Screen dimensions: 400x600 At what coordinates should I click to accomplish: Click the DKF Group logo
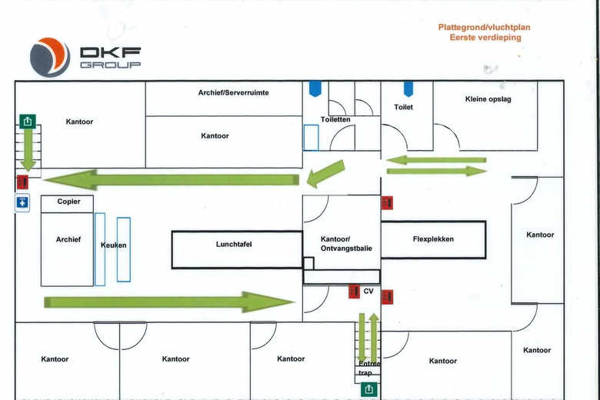pyautogui.click(x=85, y=58)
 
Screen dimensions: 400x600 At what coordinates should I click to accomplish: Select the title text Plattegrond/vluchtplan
pyautogui.click(x=484, y=27)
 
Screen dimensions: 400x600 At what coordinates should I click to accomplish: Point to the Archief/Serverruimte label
pyautogui.click(x=233, y=92)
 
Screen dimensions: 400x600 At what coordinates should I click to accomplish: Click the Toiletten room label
pyautogui.click(x=336, y=119)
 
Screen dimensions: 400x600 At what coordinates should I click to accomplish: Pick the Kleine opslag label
pyautogui.click(x=488, y=99)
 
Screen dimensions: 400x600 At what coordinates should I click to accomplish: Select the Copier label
pyautogui.click(x=68, y=202)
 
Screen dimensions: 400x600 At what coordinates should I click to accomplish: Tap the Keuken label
pyautogui.click(x=113, y=245)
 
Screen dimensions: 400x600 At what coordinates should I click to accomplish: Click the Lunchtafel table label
pyautogui.click(x=234, y=244)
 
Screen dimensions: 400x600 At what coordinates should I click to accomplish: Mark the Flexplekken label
pyautogui.click(x=433, y=239)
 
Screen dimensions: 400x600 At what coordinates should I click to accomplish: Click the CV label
pyautogui.click(x=368, y=292)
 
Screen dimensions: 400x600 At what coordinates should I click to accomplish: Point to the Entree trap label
pyautogui.click(x=370, y=368)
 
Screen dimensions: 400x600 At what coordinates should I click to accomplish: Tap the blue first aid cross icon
pyautogui.click(x=23, y=202)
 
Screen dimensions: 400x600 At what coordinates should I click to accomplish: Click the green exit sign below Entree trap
pyautogui.click(x=370, y=389)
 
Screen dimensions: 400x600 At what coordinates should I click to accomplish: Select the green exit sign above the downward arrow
pyautogui.click(x=28, y=121)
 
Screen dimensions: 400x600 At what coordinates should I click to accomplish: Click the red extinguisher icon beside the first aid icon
pyautogui.click(x=23, y=182)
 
